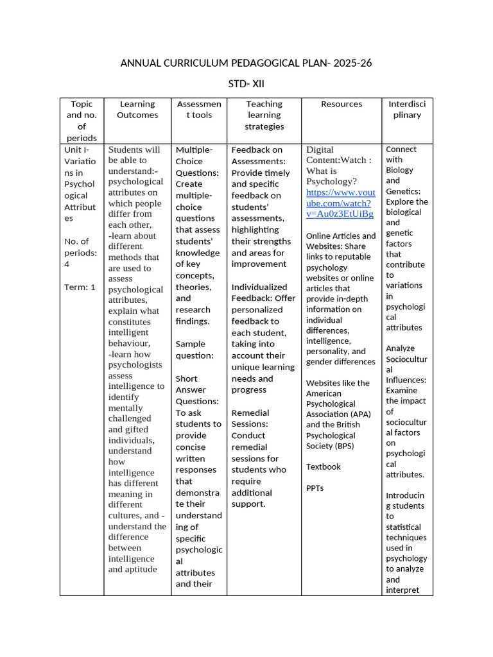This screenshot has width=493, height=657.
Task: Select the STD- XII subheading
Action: tap(246, 84)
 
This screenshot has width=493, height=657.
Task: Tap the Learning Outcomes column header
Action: tap(137, 110)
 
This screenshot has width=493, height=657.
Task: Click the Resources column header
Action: tap(342, 104)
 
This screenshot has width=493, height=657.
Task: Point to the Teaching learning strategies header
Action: tap(264, 115)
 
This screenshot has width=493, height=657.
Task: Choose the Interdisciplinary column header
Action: tap(407, 110)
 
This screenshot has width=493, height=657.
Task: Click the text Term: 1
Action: tap(80, 287)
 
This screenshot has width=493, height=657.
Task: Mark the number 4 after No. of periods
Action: tap(67, 264)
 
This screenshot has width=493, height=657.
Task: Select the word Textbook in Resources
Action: tap(324, 466)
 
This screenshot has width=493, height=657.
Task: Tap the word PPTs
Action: tap(315, 488)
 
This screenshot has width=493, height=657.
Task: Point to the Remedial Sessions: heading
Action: tap(250, 418)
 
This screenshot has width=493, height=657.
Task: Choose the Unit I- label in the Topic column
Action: tap(77, 149)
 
